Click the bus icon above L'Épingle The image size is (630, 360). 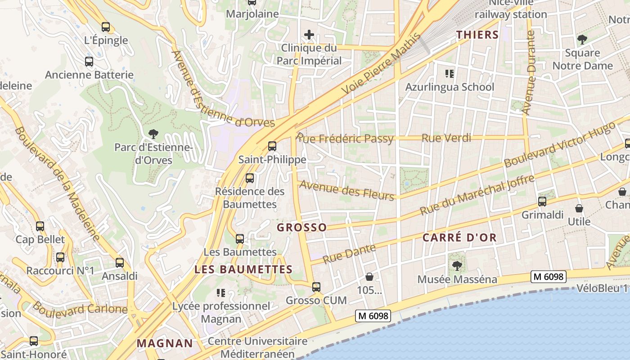(x=106, y=27)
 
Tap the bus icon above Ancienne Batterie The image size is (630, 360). (x=89, y=62)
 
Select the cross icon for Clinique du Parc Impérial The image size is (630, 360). (x=309, y=34)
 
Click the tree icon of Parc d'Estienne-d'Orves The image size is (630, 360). (x=153, y=134)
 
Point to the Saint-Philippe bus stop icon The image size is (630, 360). (x=272, y=146)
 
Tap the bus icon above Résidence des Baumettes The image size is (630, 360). (x=250, y=178)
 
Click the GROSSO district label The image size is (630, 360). (x=301, y=227)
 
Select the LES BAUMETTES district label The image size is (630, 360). (x=243, y=270)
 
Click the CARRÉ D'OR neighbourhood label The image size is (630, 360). (x=459, y=238)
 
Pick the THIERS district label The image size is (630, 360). (x=477, y=35)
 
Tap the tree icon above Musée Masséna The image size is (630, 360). (x=457, y=266)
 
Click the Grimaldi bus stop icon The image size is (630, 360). (x=542, y=202)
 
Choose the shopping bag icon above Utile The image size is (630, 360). (x=579, y=209)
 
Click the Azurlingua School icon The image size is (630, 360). (x=449, y=73)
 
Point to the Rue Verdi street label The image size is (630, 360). (x=446, y=138)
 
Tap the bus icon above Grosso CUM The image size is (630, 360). (x=316, y=287)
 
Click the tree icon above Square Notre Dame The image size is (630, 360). (x=582, y=40)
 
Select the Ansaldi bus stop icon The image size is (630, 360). (x=120, y=263)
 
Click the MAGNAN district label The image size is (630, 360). (x=165, y=343)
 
